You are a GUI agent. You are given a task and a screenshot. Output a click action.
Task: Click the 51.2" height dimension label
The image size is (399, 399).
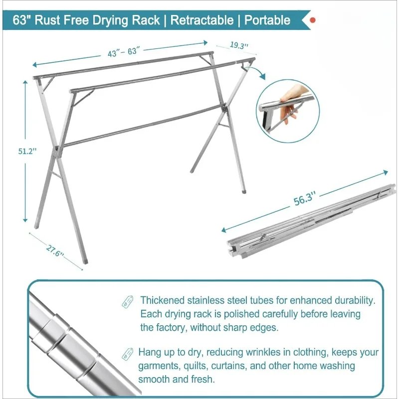point(27,151)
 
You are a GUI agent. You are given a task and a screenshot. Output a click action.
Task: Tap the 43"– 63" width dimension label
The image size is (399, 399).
point(124,52)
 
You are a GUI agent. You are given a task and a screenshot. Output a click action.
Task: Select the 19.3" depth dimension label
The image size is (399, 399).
point(239,45)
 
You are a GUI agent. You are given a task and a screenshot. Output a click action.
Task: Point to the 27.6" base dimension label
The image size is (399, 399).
point(54,250)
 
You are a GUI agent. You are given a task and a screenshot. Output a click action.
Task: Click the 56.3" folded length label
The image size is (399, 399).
point(305,199)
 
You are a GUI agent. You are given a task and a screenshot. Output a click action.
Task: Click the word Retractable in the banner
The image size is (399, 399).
point(202,20)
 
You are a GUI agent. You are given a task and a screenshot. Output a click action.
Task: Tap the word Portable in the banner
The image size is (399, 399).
point(267,20)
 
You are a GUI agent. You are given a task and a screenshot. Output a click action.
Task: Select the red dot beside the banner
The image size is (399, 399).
point(313,20)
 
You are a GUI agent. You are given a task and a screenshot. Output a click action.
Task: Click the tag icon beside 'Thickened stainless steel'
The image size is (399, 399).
point(128,302)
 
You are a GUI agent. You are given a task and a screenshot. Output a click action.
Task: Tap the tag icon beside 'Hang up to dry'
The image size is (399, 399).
point(128,354)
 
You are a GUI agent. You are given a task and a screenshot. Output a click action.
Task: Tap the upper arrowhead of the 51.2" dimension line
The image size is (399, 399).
point(25,82)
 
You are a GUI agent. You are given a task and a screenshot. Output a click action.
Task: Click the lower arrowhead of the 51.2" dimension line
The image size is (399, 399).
point(25,219)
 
